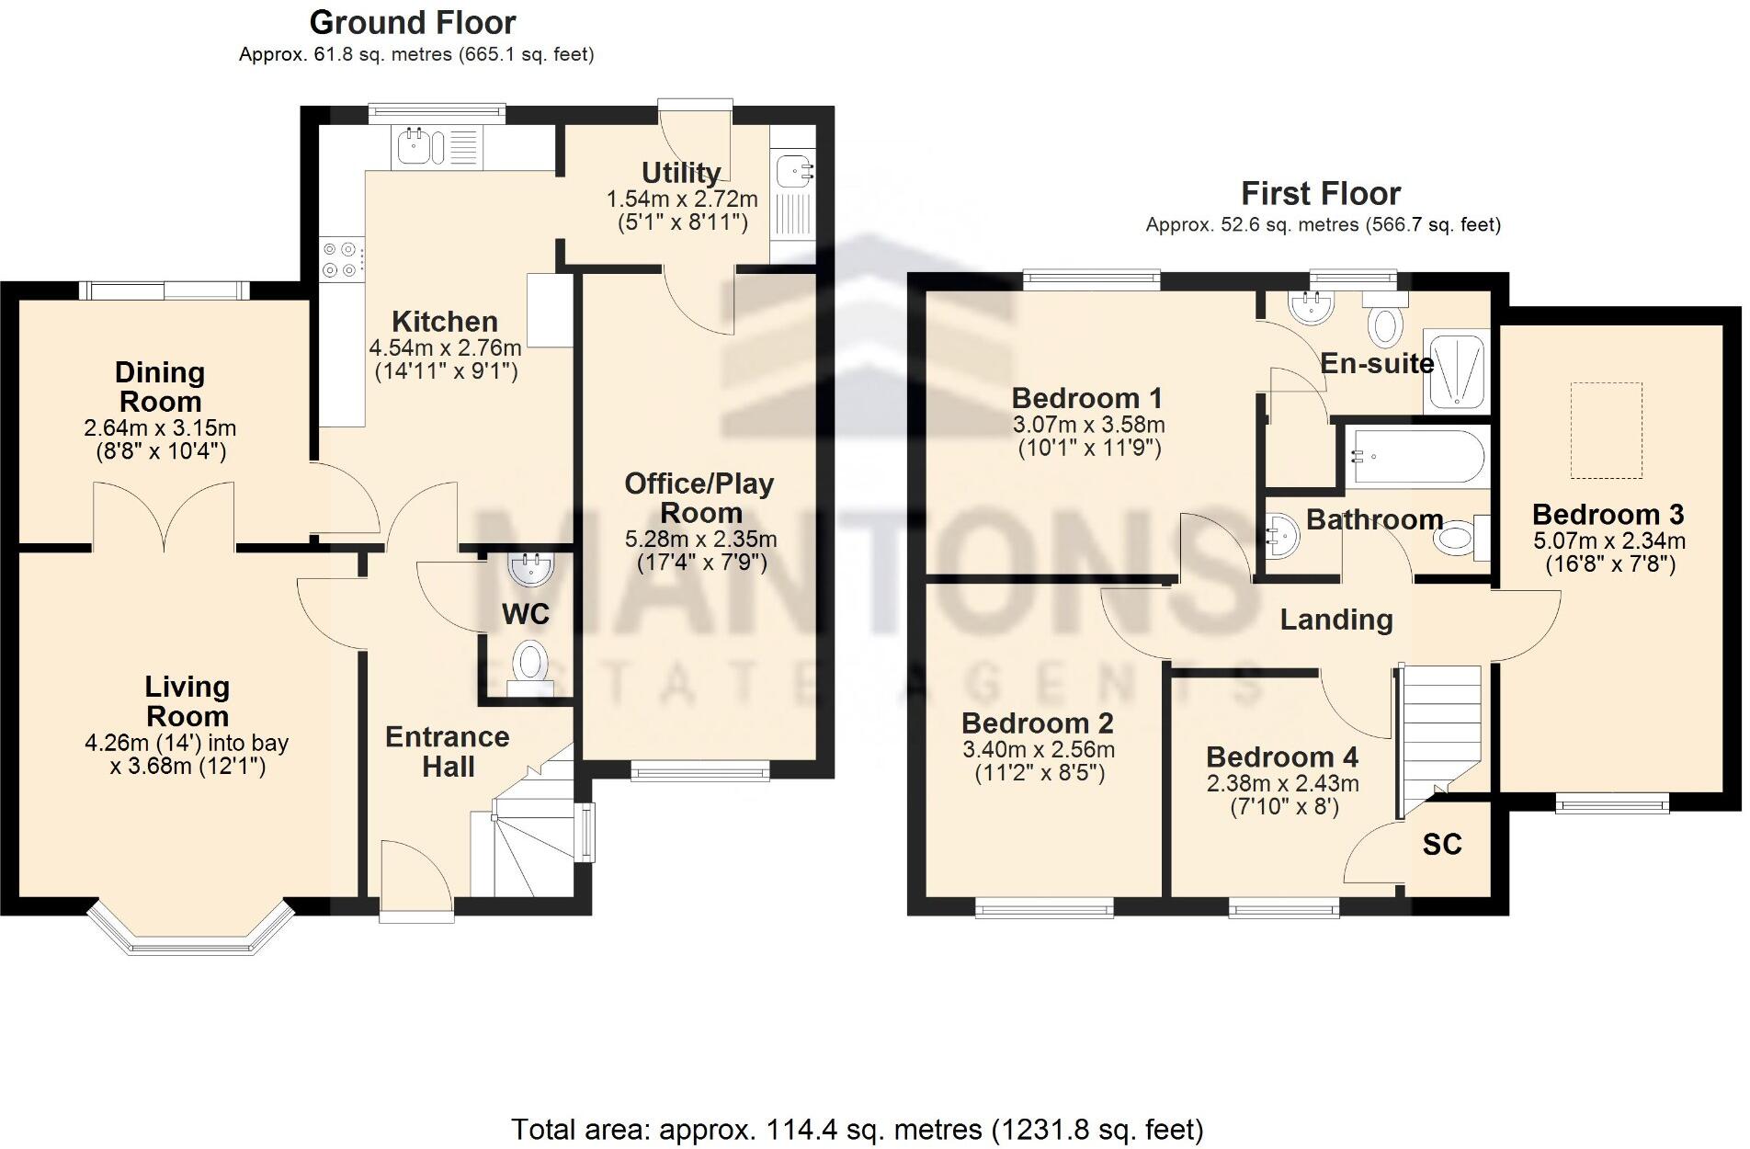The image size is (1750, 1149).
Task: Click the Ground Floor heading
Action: [x=413, y=22]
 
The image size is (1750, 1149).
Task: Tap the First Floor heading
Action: [x=1320, y=194]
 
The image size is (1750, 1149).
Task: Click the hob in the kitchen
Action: [x=339, y=258]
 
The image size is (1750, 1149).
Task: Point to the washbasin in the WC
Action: [x=530, y=569]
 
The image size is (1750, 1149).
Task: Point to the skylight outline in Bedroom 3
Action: [x=1605, y=430]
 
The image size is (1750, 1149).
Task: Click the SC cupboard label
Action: [x=1441, y=845]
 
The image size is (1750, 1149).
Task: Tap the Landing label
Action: [x=1335, y=620]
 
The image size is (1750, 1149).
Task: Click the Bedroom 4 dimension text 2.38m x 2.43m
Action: [x=1282, y=784]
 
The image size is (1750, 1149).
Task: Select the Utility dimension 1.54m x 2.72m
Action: [x=681, y=199]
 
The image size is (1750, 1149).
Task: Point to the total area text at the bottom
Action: [x=856, y=1128]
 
